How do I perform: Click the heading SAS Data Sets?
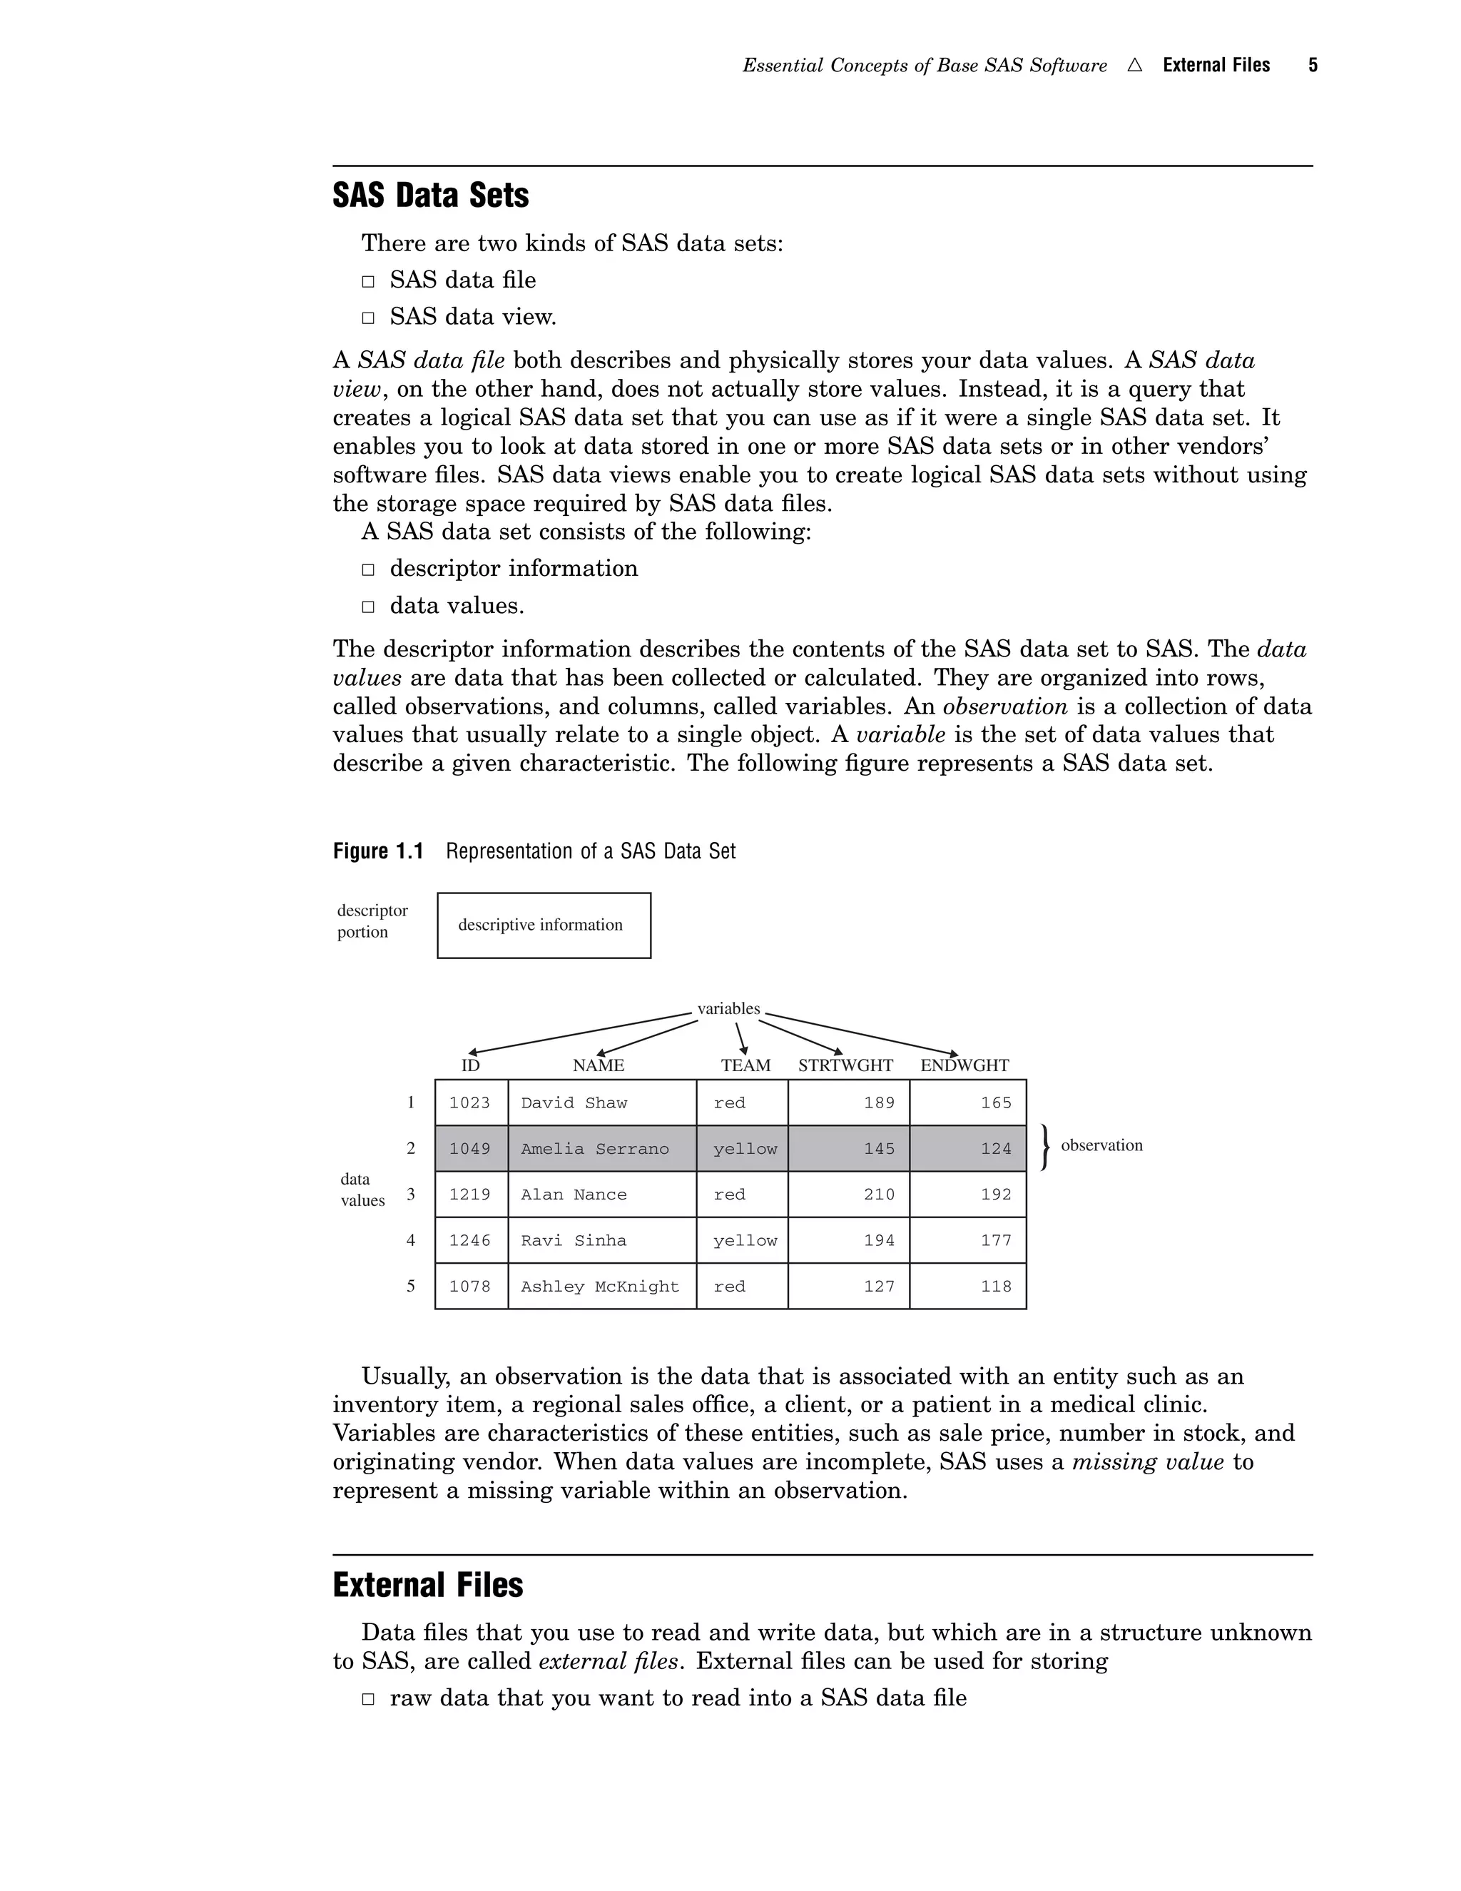click(430, 196)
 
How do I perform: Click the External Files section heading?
click(427, 1584)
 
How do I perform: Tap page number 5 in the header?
click(1312, 65)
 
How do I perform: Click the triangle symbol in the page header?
click(1135, 65)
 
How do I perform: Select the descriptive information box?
click(544, 925)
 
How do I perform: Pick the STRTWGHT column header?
click(845, 1065)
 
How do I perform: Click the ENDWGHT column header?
click(964, 1065)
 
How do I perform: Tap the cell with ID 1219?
click(470, 1195)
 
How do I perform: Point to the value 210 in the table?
click(878, 1195)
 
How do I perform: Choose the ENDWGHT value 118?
click(995, 1287)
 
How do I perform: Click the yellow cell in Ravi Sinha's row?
click(744, 1241)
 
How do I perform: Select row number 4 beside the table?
click(411, 1241)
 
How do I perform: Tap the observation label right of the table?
click(1101, 1145)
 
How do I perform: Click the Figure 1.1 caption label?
click(378, 851)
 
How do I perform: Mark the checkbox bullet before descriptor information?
click(368, 569)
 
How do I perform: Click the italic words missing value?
click(1148, 1462)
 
